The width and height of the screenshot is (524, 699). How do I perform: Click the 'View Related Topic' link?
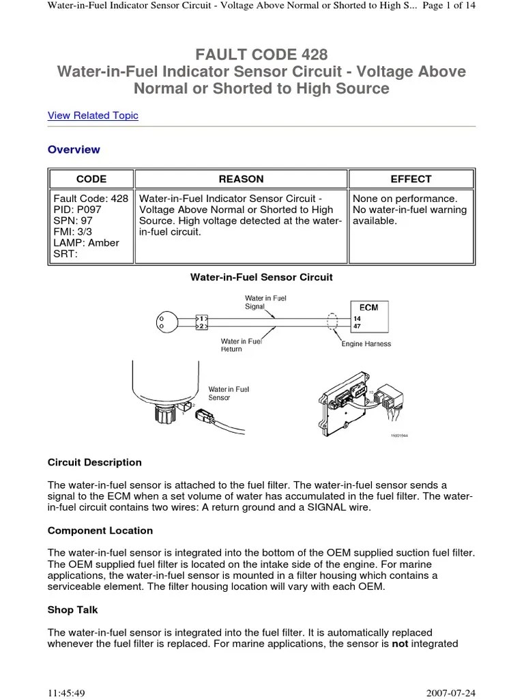click(x=93, y=115)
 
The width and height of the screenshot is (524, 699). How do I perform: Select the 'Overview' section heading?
click(x=74, y=149)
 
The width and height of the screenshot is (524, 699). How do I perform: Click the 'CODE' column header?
click(x=91, y=179)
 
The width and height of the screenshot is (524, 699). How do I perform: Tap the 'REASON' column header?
click(x=241, y=179)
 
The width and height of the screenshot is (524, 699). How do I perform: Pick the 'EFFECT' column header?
click(x=411, y=179)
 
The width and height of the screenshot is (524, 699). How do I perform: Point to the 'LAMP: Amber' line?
click(x=86, y=243)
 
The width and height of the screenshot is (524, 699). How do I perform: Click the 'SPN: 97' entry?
click(x=73, y=221)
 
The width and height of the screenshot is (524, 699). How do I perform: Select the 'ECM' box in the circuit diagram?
click(x=368, y=307)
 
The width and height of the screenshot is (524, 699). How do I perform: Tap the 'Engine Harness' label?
click(x=366, y=344)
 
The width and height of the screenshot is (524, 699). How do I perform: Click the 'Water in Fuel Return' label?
click(x=241, y=345)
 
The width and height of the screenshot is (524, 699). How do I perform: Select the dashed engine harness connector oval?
click(x=333, y=322)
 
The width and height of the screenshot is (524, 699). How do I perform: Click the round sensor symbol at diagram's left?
click(x=166, y=322)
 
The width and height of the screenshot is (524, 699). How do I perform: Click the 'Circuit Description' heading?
click(x=95, y=462)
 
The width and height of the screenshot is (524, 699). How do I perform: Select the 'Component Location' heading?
click(x=100, y=530)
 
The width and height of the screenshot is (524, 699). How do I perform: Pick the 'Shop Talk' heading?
click(x=73, y=610)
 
